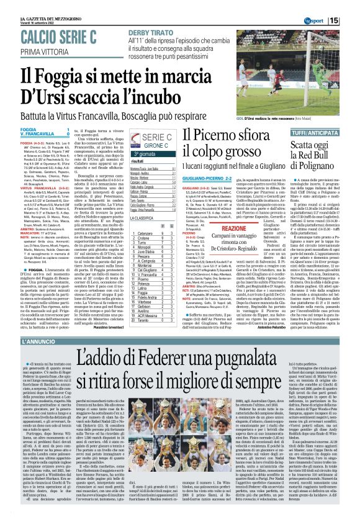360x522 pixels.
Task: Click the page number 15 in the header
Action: pos(351,20)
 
